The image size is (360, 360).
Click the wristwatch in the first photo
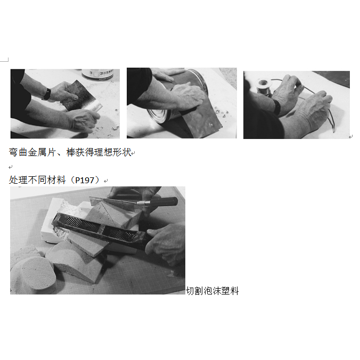(47, 94)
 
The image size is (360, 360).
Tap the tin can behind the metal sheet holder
(98, 74)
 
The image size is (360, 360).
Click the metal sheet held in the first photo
(82, 96)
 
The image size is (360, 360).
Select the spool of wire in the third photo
(264, 86)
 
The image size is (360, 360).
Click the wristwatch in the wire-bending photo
(276, 107)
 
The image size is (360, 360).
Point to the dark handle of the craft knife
(163, 202)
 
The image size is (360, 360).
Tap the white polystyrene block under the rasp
(55, 220)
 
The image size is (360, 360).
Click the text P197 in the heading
(85, 180)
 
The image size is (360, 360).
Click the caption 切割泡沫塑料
(212, 291)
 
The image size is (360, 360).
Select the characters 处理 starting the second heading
(18, 180)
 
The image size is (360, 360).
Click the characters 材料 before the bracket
(56, 180)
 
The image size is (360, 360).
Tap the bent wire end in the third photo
(333, 130)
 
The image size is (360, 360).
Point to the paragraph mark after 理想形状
(133, 153)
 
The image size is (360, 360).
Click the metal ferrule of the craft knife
(143, 203)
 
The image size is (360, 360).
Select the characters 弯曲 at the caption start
(18, 152)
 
